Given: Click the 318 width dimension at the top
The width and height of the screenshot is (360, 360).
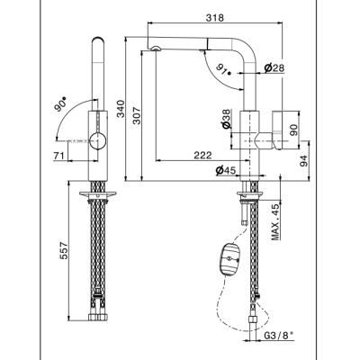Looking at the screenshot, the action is click(x=215, y=18).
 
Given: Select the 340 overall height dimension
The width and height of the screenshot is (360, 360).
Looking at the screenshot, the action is click(x=121, y=109).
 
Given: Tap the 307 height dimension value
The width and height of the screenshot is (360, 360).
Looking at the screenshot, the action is click(x=137, y=115).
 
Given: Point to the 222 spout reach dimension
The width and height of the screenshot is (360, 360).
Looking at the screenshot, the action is click(x=202, y=155).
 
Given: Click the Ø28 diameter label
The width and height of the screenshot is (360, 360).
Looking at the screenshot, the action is click(x=274, y=68).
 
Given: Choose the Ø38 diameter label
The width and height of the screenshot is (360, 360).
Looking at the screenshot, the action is click(x=227, y=119).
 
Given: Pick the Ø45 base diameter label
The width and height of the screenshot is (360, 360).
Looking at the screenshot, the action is click(x=226, y=171).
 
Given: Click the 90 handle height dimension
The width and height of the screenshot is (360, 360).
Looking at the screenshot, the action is click(x=295, y=130).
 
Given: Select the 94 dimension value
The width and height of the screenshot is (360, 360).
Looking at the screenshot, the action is click(x=304, y=161).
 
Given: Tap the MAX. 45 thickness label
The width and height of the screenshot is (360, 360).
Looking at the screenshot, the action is click(x=275, y=222).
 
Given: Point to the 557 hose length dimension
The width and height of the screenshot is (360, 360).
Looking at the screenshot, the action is click(x=65, y=251).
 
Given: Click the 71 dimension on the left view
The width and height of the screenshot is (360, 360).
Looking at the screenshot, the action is click(x=59, y=156).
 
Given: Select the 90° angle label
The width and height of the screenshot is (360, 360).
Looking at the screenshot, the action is click(x=60, y=104).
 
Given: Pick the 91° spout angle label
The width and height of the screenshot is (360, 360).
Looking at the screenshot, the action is click(x=223, y=70).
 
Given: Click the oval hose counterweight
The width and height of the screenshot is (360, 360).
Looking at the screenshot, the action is click(x=229, y=258).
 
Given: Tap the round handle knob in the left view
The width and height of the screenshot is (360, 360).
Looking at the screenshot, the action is click(x=98, y=140).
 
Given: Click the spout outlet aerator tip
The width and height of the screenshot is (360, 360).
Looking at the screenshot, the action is click(x=156, y=49).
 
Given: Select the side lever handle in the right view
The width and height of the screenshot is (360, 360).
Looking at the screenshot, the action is click(x=277, y=130).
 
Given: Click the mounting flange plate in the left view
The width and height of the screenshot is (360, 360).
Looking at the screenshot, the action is click(x=98, y=193).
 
